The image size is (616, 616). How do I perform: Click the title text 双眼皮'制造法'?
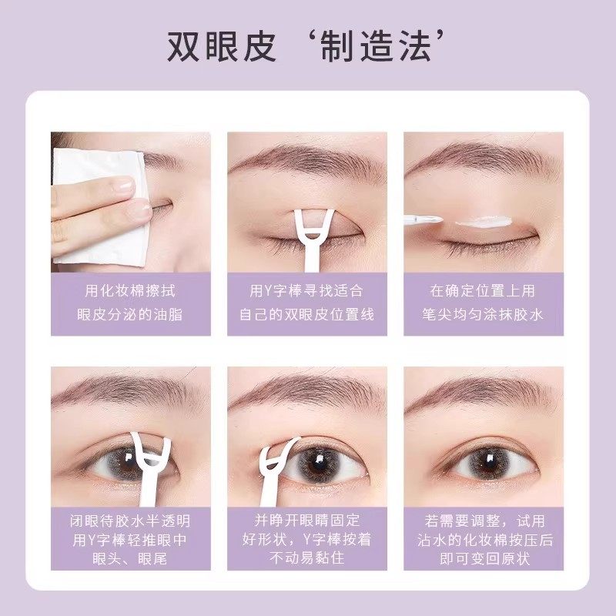(308, 48)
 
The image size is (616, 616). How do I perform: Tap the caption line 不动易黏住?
(307, 560)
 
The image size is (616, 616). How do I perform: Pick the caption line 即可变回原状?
(484, 560)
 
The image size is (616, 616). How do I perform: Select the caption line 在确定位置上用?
(484, 291)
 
